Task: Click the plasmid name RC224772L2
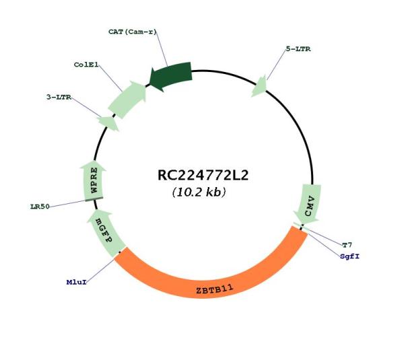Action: click(x=203, y=176)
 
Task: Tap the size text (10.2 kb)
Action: click(x=199, y=192)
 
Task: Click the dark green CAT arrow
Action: click(x=171, y=76)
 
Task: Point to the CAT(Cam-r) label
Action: click(x=133, y=32)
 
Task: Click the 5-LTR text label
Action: click(x=298, y=49)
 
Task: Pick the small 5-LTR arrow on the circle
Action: click(x=259, y=87)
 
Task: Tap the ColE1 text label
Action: click(x=86, y=65)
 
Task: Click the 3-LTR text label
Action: click(x=59, y=97)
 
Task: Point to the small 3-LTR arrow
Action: click(x=108, y=123)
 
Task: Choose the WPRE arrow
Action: click(x=93, y=180)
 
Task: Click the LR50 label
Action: click(x=40, y=207)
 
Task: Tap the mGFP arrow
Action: click(x=106, y=232)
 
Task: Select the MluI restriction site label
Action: click(x=76, y=282)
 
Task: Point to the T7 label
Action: click(x=347, y=245)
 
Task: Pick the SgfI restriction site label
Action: click(x=349, y=256)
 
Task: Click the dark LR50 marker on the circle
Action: click(x=94, y=199)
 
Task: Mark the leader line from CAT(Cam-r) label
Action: click(x=162, y=49)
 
